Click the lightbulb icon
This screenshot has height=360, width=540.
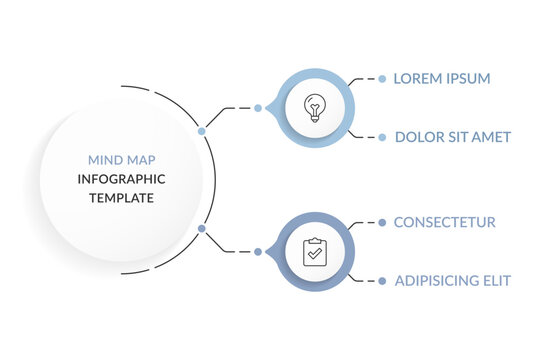314,107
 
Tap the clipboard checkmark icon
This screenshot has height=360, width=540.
314,251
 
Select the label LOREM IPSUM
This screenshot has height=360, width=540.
441,78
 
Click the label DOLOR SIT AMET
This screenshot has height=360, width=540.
452,137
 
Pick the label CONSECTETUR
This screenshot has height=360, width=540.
444,222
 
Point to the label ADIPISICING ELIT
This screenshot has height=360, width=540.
452,281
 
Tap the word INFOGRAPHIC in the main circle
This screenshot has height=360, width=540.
121,179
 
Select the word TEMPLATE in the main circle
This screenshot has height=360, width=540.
121,198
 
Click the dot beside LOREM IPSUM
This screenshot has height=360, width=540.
382,78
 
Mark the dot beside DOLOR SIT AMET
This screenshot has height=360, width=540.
382,137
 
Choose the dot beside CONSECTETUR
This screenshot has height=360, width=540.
382,222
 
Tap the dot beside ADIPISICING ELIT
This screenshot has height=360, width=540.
382,281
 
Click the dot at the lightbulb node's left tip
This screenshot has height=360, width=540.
258,107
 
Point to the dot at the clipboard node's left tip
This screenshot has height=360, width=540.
258,251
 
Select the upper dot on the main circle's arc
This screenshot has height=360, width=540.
202,131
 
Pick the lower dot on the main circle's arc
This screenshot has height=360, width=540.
202,229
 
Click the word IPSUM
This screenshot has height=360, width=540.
467,78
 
